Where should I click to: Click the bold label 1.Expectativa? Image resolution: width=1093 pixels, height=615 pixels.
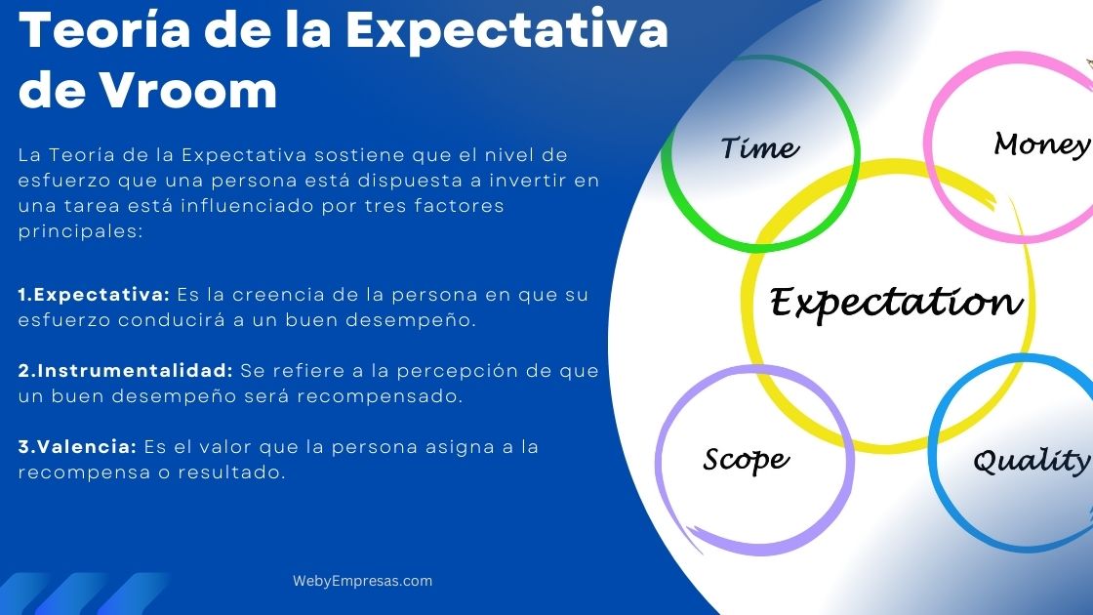94,294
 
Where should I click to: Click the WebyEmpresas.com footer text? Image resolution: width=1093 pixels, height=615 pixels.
362,581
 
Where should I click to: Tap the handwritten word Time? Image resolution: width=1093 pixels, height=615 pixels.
759,148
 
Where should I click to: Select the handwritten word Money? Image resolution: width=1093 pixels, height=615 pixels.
1041,144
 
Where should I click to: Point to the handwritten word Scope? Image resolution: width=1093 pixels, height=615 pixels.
746,459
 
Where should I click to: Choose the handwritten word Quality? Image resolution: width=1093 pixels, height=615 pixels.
1031,461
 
